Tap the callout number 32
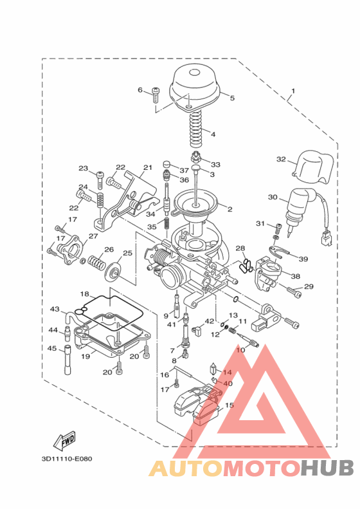point(281,159)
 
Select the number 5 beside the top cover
point(232,98)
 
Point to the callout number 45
point(53,348)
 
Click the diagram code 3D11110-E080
point(66,459)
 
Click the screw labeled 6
point(156,93)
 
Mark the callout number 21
point(147,168)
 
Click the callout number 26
point(109,250)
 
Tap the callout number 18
point(84,294)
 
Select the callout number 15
point(230,406)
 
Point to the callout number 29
point(309,286)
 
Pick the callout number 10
point(240,350)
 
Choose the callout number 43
point(55,310)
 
